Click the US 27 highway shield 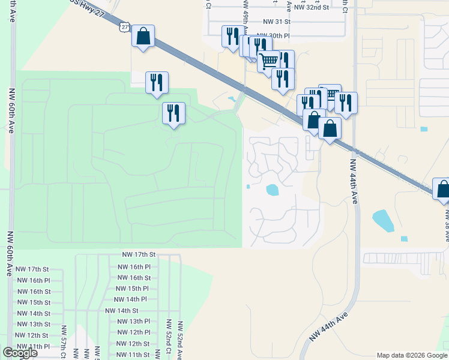(124, 26)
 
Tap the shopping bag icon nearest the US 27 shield (143, 37)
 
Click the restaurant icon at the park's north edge (157, 82)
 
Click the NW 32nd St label (311, 7)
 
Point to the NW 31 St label (273, 21)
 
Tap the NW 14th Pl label (130, 299)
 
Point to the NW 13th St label (34, 324)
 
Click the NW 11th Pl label (34, 346)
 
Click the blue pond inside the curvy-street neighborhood (273, 190)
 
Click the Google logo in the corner (20, 353)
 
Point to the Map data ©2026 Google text (411, 355)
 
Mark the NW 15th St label (34, 302)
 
